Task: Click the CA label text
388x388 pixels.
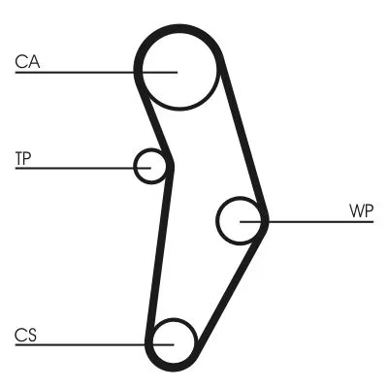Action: pos(26,62)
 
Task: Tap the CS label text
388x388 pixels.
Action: pos(25,335)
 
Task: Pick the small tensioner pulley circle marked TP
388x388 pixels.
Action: pos(151,166)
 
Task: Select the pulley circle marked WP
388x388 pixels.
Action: pos(240,221)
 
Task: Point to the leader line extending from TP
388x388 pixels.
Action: pos(78,167)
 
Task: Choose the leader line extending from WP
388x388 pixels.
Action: pos(310,221)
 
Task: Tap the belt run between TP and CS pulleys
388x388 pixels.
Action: pos(157,252)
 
